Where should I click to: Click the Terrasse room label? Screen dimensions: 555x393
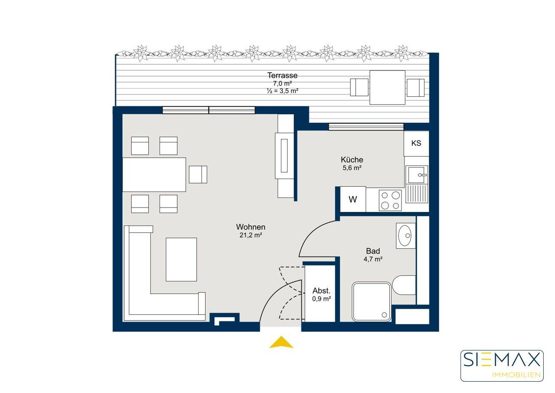point(282,75)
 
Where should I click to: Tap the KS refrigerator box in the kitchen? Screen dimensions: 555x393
point(416,143)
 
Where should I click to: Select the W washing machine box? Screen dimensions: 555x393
point(353,199)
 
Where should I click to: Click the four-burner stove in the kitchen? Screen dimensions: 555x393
point(390,200)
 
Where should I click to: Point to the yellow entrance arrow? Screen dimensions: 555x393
point(281,342)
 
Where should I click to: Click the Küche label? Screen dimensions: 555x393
point(352,159)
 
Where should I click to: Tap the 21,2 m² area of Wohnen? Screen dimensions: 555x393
point(251,235)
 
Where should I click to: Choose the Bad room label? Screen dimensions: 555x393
point(373,251)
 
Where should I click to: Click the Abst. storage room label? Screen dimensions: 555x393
point(321,291)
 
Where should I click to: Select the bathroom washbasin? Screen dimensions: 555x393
point(406,235)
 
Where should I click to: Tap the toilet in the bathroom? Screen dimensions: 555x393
point(404,285)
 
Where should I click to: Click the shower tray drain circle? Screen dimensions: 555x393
point(384,315)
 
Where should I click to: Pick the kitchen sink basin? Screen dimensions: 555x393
point(417,175)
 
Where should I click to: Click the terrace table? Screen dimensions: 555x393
point(388,87)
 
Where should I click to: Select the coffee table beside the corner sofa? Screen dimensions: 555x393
point(181,260)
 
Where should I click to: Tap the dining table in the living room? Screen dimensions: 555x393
point(154,175)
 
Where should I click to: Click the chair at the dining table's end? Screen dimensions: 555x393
point(198,175)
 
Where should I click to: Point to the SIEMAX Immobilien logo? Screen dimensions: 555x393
point(502,366)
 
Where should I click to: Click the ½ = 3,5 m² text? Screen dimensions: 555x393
point(282,91)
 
